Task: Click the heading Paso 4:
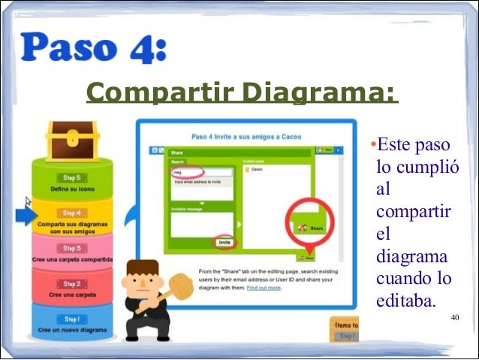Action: tap(94, 50)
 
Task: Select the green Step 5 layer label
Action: tap(72, 179)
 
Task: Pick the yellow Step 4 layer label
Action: tap(72, 213)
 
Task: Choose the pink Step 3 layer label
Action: tap(72, 248)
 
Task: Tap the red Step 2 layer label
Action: tap(72, 284)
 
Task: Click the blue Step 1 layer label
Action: tap(72, 319)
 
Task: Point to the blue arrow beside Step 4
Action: tap(26, 216)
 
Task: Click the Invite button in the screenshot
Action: tap(224, 243)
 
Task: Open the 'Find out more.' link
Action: tap(264, 288)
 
